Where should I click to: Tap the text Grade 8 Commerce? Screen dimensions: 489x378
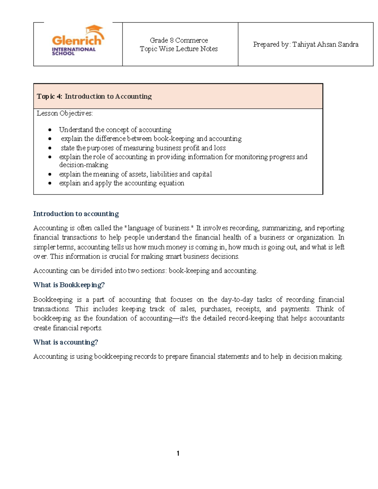pyautogui.click(x=179, y=40)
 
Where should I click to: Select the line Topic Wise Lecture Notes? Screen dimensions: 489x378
pyautogui.click(x=179, y=49)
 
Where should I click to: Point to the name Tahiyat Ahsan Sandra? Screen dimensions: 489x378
pyautogui.click(x=325, y=44)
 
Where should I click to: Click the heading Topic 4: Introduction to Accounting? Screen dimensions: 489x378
pyautogui.click(x=94, y=96)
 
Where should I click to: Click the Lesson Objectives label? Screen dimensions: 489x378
pyautogui.click(x=65, y=113)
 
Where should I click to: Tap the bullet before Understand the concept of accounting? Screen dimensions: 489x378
pyautogui.click(x=50, y=130)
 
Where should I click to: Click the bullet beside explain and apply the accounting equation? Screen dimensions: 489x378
pyautogui.click(x=50, y=183)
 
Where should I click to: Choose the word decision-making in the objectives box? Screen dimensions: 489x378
pyautogui.click(x=83, y=165)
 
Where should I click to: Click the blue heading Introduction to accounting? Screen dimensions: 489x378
pyautogui.click(x=76, y=214)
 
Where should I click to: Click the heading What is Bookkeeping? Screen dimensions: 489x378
pyautogui.click(x=69, y=285)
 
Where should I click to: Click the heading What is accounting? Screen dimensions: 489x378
pyautogui.click(x=66, y=342)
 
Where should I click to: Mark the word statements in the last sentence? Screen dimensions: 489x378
pyautogui.click(x=232, y=356)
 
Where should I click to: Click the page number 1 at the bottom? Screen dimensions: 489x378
pyautogui.click(x=178, y=453)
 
